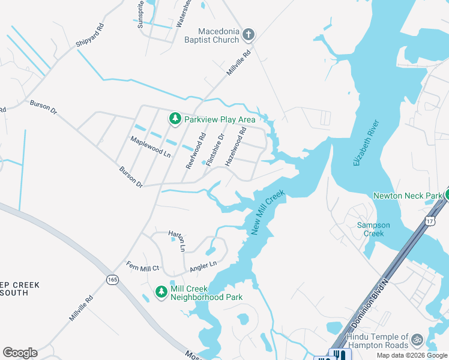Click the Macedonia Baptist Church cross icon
(x=249, y=36)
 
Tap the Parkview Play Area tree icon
(x=175, y=119)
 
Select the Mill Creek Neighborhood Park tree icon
(x=161, y=292)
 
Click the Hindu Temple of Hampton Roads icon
(x=417, y=340)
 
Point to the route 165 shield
(x=112, y=280)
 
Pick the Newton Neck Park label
(x=408, y=196)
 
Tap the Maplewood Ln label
(x=151, y=146)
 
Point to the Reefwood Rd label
(x=196, y=151)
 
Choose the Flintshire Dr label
(x=215, y=149)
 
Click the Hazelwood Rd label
(x=235, y=146)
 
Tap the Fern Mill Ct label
(x=142, y=266)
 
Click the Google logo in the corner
(x=20, y=353)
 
